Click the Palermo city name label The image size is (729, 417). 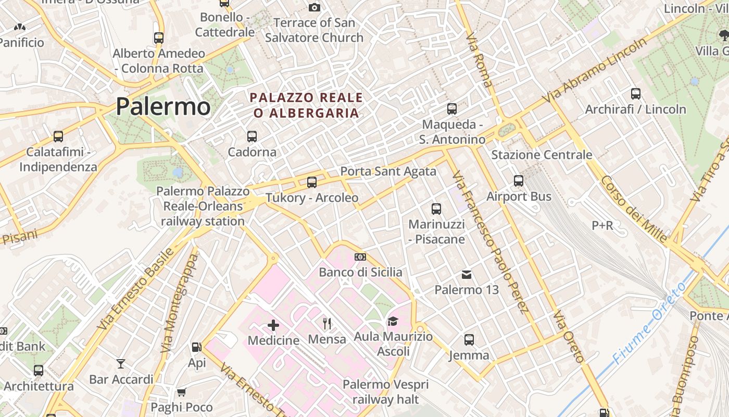point(163,106)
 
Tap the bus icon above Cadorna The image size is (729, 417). point(252,137)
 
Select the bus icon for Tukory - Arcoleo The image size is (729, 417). point(312,182)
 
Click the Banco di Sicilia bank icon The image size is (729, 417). point(360,257)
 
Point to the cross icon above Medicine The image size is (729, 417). point(273,326)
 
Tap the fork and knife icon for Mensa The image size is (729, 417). point(327,324)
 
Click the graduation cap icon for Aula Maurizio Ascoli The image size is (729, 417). point(393,321)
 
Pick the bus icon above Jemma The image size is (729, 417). point(469,340)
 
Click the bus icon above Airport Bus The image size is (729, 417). point(519,181)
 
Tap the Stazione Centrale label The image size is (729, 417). point(542,155)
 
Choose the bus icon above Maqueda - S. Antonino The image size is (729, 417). point(452,109)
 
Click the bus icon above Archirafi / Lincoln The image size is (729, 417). point(636,94)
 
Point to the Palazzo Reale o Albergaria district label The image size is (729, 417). point(306,105)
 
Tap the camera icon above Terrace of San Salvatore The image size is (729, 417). point(314,7)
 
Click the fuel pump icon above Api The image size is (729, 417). point(197,347)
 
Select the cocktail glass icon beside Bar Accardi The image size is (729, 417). point(121,363)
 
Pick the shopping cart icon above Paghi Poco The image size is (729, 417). point(181,392)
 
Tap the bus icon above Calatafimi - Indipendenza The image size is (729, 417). point(58,137)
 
